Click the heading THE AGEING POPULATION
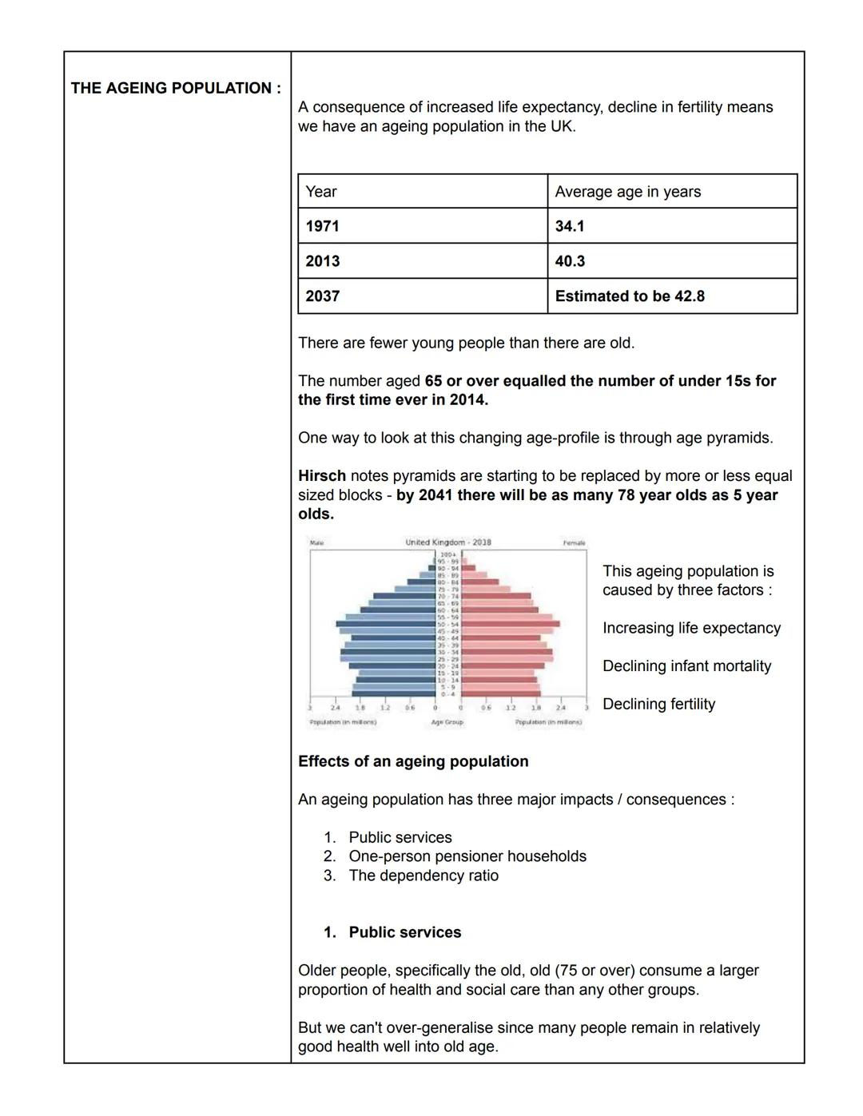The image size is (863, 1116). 176,88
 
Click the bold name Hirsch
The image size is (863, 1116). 322,476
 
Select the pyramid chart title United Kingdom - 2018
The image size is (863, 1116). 447,542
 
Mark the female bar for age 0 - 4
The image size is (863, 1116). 500,693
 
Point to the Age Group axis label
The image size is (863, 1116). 447,722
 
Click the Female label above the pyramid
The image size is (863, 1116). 574,543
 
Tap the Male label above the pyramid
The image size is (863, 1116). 316,543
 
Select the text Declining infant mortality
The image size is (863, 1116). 686,666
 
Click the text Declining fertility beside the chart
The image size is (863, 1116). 658,705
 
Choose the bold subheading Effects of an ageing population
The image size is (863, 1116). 413,761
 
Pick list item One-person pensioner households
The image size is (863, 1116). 467,856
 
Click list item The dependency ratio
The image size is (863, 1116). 424,876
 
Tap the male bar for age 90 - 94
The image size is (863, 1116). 432,568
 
